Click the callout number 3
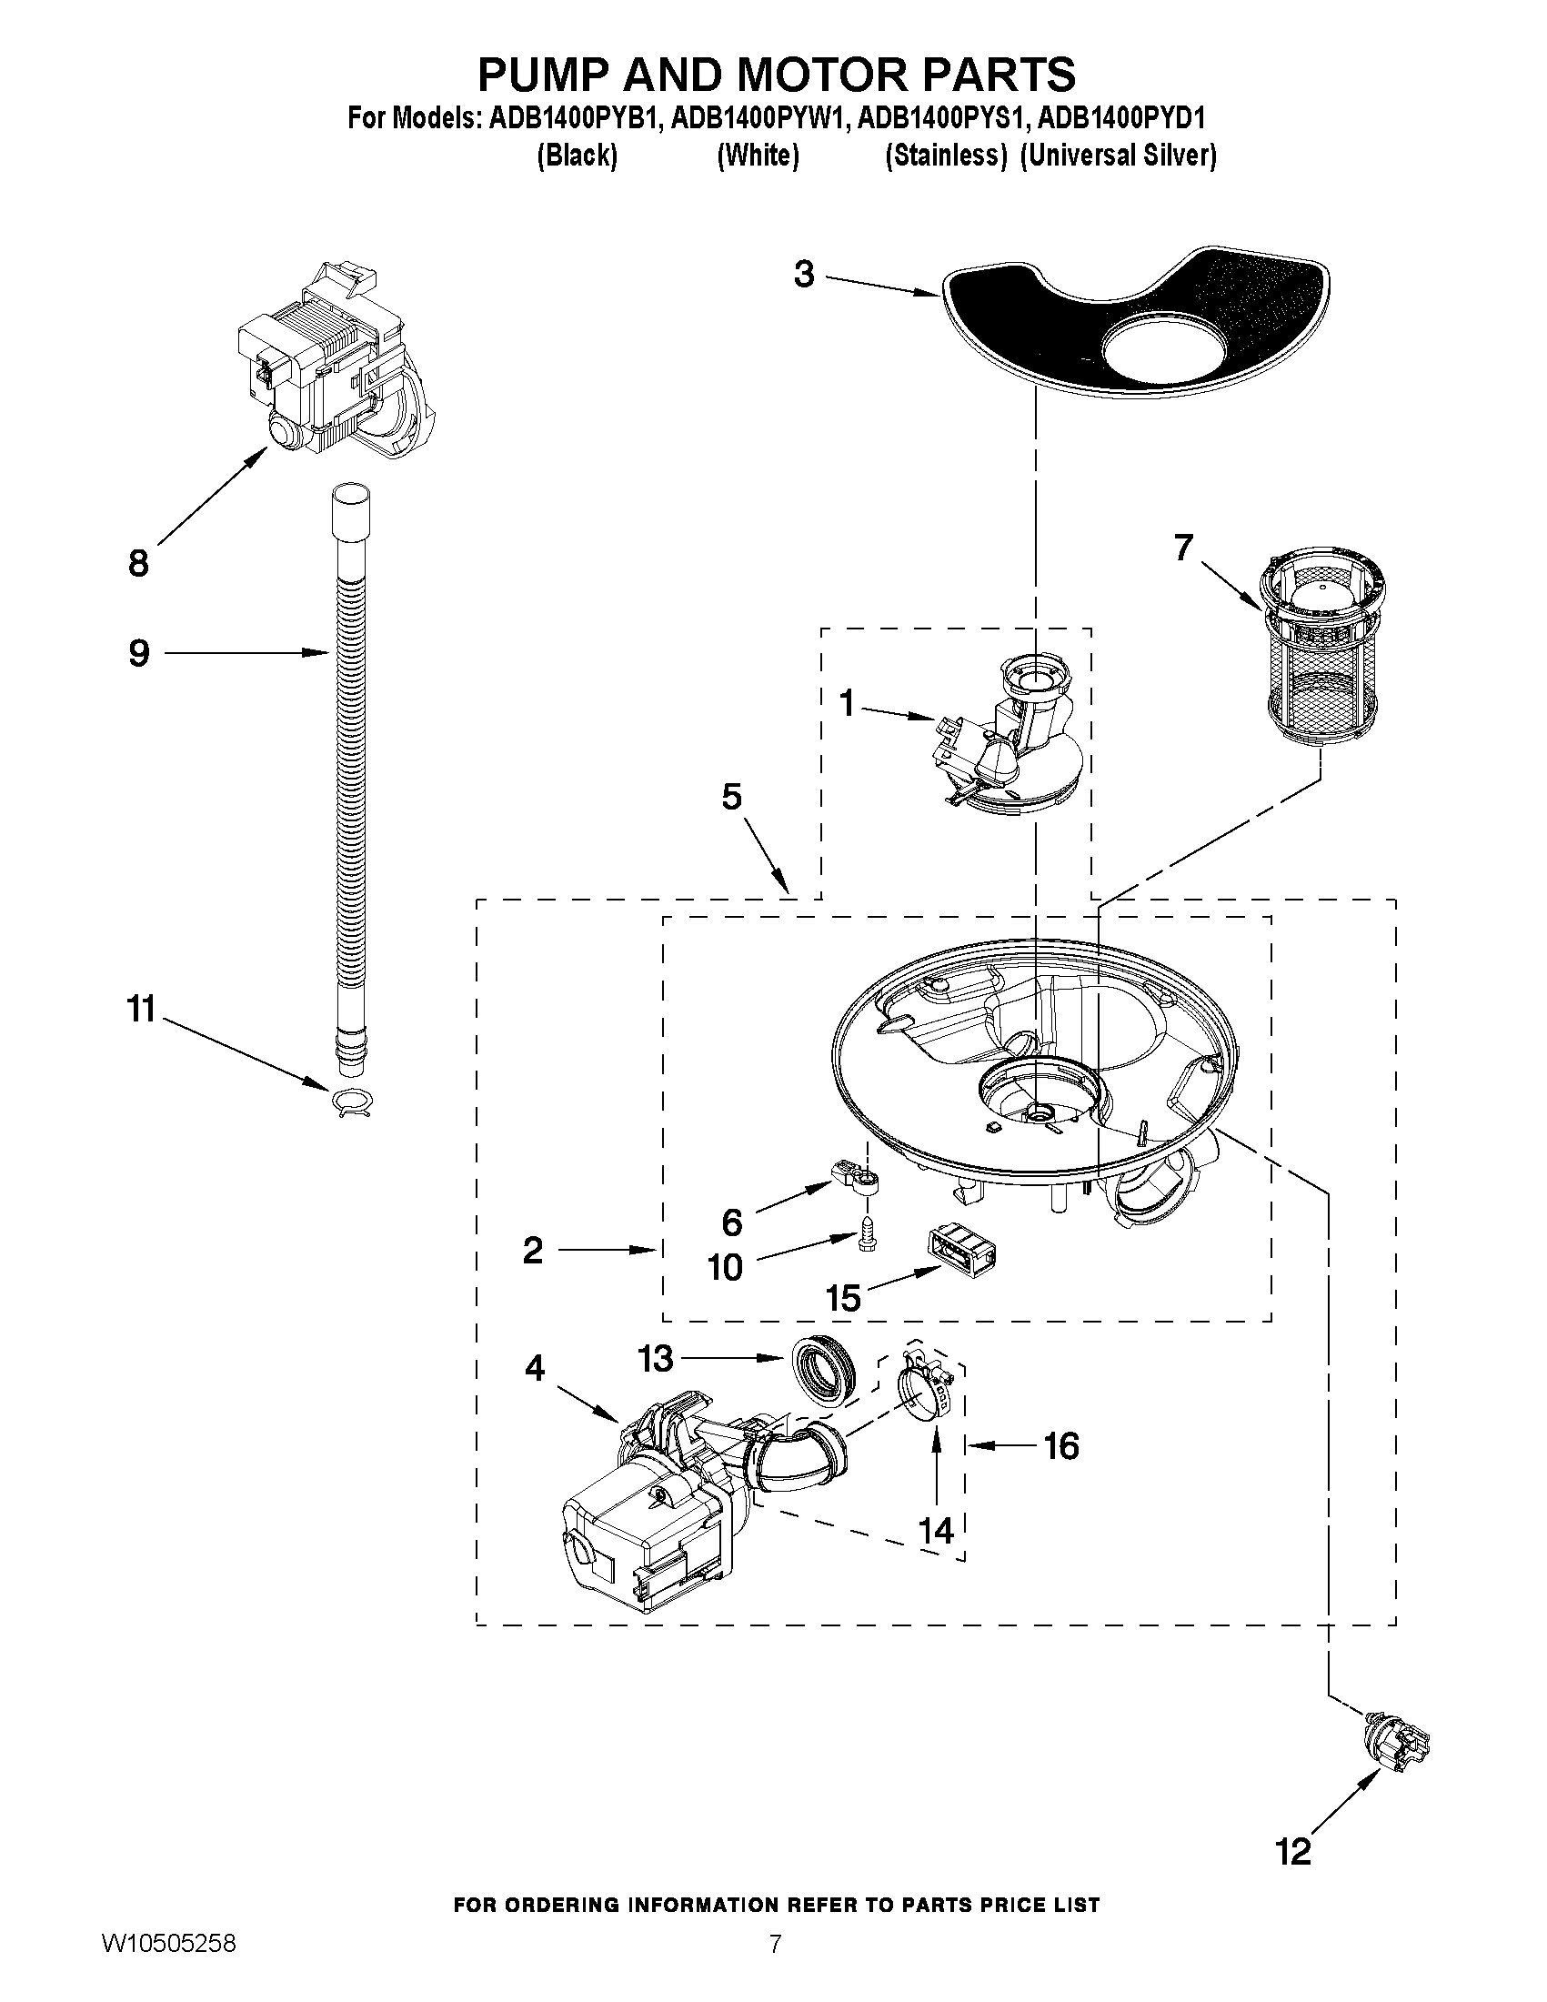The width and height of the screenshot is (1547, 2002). click(803, 274)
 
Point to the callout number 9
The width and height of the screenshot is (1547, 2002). click(138, 653)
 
